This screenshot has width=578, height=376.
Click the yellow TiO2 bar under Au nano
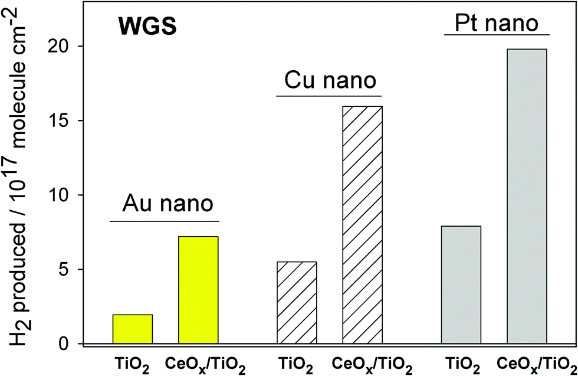(133, 329)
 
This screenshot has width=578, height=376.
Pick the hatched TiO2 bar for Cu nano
(297, 302)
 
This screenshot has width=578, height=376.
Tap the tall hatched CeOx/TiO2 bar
(363, 225)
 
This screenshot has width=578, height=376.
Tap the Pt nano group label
(497, 24)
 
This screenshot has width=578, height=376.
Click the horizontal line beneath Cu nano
(329, 96)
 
